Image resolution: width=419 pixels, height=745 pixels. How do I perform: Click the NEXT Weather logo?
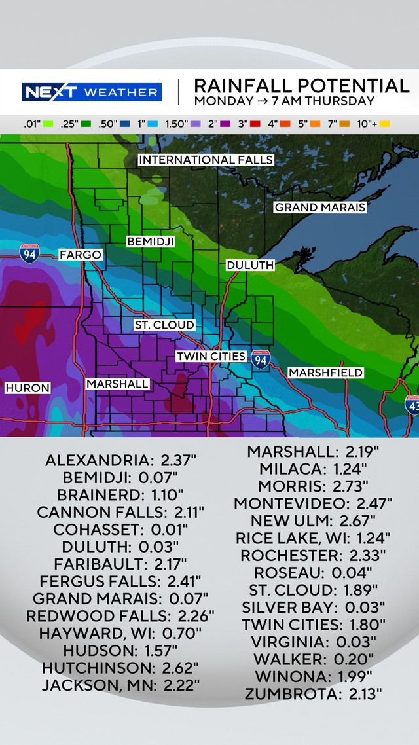[91, 92]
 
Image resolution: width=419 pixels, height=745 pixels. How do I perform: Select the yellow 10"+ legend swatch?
[384, 123]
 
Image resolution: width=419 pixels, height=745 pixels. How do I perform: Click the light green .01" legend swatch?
[48, 123]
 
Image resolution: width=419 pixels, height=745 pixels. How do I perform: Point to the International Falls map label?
[206, 160]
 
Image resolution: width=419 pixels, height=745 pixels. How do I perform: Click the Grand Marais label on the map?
[319, 208]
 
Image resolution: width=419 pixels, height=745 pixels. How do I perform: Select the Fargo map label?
[81, 255]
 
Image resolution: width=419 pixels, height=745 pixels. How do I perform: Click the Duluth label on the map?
[250, 265]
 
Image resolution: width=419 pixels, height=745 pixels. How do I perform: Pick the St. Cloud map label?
[164, 325]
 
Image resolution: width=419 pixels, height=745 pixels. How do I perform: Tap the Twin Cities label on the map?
[211, 356]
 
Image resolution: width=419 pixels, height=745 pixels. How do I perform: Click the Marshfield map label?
[325, 372]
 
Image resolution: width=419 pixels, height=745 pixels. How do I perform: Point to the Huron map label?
[27, 388]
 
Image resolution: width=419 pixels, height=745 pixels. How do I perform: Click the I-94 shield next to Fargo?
[29, 253]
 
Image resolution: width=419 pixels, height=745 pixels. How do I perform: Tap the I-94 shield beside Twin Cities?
[261, 359]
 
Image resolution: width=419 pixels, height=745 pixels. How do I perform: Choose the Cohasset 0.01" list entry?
[120, 529]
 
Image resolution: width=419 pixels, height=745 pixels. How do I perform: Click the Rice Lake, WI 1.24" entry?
[313, 537]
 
